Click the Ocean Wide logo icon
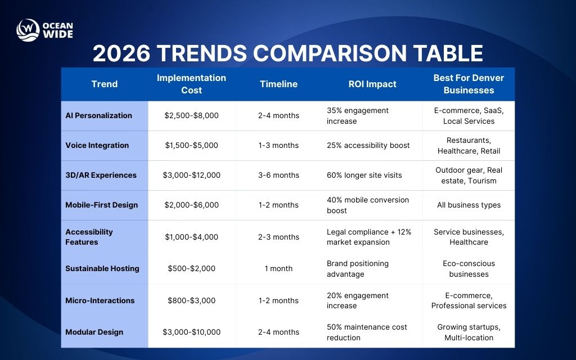point(28,30)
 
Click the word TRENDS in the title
point(201,53)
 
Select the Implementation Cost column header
point(191,84)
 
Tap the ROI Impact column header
point(372,84)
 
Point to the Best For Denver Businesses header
point(469,84)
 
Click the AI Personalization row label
point(99,115)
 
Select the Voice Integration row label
point(97,145)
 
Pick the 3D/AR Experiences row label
point(101,175)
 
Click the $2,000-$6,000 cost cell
point(191,205)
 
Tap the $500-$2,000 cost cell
point(191,268)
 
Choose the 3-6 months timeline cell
point(278,175)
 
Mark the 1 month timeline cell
point(278,268)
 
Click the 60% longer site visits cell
point(364,175)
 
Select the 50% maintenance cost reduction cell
point(367,332)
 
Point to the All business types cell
point(469,205)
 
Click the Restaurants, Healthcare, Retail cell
point(469,145)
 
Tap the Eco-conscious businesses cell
point(469,268)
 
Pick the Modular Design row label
point(94,332)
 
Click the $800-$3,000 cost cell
point(191,300)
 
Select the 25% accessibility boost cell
point(368,145)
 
